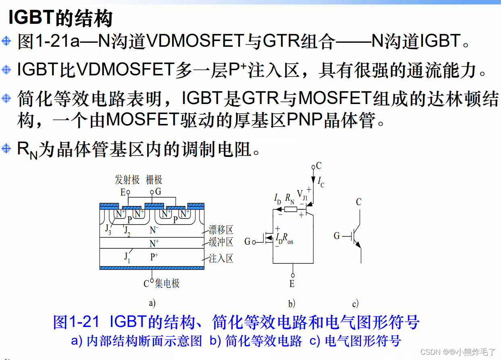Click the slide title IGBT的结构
coord(60,18)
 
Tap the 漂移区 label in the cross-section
coord(221,230)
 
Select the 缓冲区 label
coord(221,242)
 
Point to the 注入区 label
coord(221,258)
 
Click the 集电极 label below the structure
coord(167,284)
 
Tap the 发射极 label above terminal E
coord(127,180)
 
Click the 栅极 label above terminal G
coord(154,180)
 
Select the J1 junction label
coord(127,257)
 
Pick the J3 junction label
coord(108,229)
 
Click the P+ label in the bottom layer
coord(154,257)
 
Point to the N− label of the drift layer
coord(154,230)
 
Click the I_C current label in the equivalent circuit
coord(321,182)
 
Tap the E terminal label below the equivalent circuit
coord(292,284)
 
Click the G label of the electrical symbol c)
coord(337,236)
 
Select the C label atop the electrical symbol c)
coord(359,202)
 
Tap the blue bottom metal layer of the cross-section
coord(152,268)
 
